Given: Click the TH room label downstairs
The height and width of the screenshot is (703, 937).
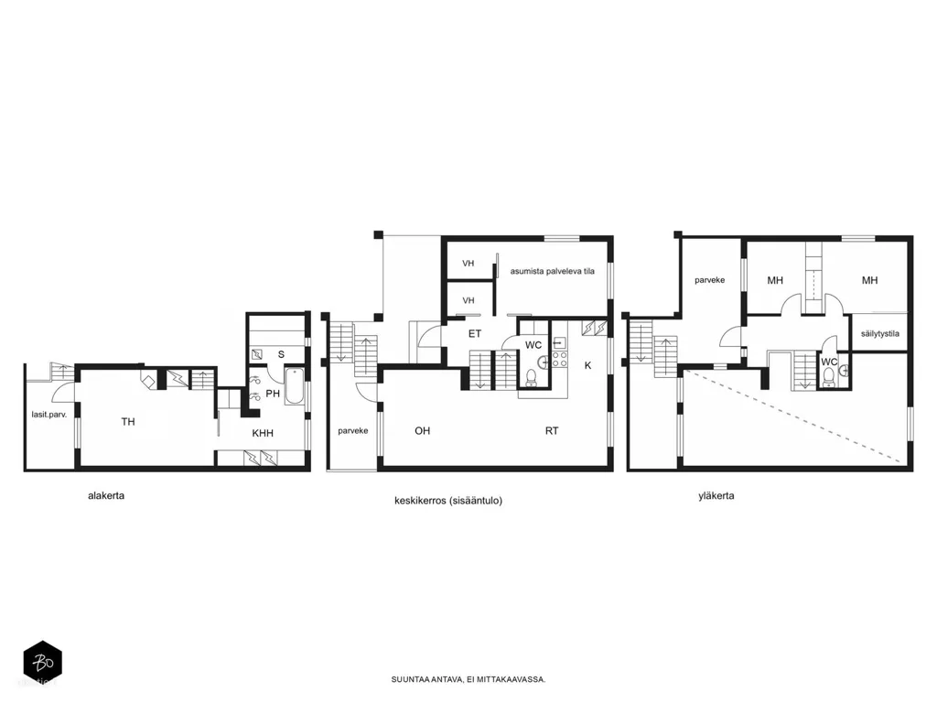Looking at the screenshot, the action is pyautogui.click(x=128, y=422).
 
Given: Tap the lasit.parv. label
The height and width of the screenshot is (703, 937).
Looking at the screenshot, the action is pyautogui.click(x=49, y=414).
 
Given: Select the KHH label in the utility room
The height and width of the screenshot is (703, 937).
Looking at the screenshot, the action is pyautogui.click(x=263, y=433).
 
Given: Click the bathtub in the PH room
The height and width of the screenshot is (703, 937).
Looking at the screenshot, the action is pyautogui.click(x=296, y=387).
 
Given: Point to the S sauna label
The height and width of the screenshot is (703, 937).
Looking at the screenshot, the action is pyautogui.click(x=281, y=354).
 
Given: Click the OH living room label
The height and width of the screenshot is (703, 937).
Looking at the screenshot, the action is pyautogui.click(x=423, y=430).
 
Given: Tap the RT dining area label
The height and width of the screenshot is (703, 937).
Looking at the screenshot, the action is pyautogui.click(x=552, y=430).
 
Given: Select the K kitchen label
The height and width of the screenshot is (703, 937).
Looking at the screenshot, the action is pyautogui.click(x=588, y=365).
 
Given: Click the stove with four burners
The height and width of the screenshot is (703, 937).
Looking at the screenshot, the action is pyautogui.click(x=559, y=359).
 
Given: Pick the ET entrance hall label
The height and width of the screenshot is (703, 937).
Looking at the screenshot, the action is pyautogui.click(x=475, y=333).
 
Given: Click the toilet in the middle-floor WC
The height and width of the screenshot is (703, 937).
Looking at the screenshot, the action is pyautogui.click(x=531, y=376).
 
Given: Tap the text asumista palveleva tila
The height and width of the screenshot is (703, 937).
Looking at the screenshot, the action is pyautogui.click(x=552, y=271).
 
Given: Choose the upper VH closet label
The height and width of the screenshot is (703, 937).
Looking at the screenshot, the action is pyautogui.click(x=468, y=263).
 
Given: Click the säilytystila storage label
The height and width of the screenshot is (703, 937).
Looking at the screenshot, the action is pyautogui.click(x=879, y=333).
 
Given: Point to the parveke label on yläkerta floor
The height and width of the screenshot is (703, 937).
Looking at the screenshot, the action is pyautogui.click(x=709, y=280).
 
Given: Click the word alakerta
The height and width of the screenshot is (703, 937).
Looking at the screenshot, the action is pyautogui.click(x=106, y=495).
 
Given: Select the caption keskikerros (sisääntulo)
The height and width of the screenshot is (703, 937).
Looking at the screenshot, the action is pyautogui.click(x=448, y=501).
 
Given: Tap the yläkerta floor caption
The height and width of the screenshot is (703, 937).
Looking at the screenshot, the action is pyautogui.click(x=716, y=495).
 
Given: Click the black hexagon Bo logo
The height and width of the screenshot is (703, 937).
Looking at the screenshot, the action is pyautogui.click(x=42, y=662).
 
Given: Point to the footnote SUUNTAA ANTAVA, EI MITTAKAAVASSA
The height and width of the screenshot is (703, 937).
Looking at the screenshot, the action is pyautogui.click(x=468, y=679).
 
